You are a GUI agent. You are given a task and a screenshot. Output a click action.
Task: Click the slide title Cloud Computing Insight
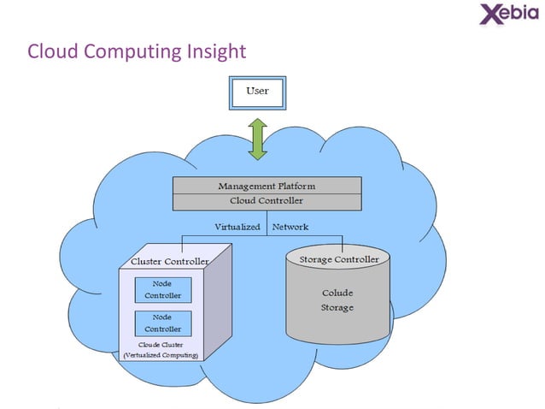pos(137,52)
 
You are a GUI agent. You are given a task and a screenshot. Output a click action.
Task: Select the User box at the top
pos(256,91)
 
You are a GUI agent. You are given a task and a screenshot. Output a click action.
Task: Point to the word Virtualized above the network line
pos(238,228)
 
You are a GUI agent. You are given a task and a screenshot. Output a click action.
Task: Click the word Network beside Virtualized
pos(290,228)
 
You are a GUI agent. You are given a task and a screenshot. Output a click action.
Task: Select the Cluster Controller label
pos(169,260)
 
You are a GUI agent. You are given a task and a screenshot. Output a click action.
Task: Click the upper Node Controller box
pos(161,289)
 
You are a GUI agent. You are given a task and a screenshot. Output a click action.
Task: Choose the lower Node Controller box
pos(161,323)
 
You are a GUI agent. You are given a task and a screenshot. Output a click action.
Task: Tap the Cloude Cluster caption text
pos(161,344)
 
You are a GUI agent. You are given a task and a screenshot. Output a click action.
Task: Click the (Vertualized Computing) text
pos(161,354)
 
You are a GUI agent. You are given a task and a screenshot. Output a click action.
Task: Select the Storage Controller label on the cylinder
pos(338,258)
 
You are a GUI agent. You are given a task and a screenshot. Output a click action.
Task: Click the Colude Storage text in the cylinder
pos(337,300)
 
